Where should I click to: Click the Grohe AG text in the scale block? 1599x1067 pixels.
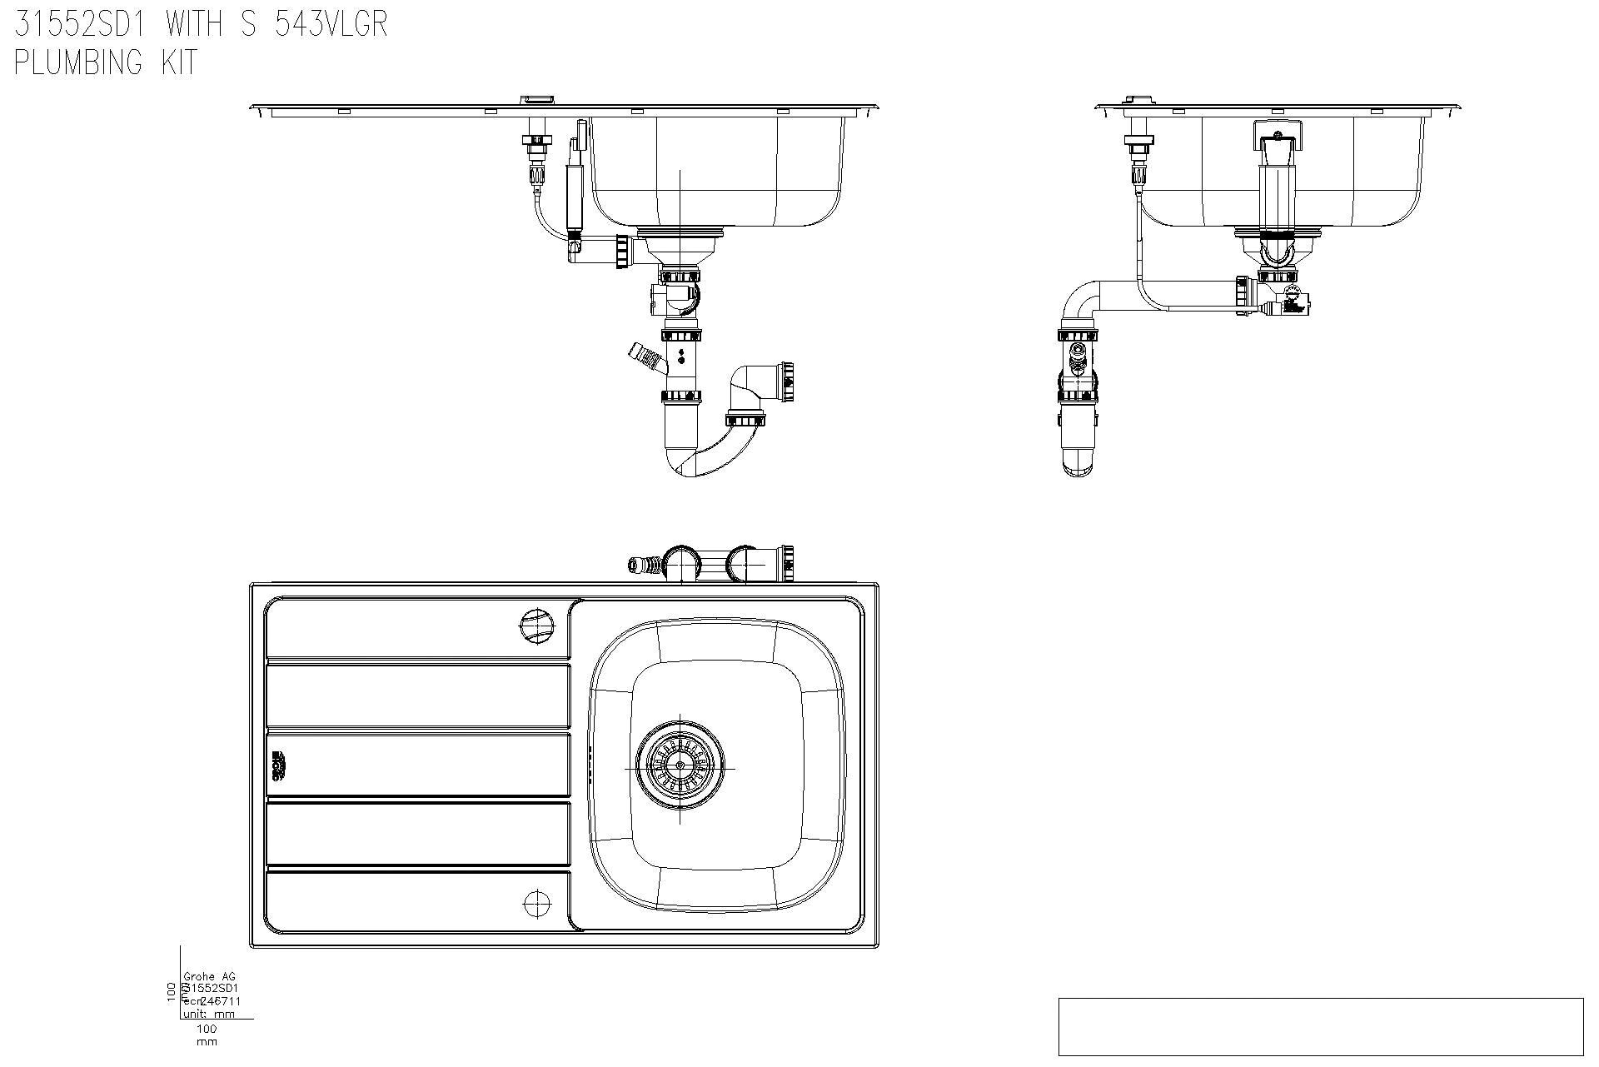[204, 977]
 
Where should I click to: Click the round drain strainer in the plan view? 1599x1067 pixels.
[680, 765]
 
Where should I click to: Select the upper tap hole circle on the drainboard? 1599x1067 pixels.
[536, 625]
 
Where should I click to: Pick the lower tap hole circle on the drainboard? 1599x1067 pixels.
[537, 903]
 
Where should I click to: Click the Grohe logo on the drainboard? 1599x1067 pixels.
[278, 765]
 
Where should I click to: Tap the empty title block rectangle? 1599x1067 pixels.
[1320, 1026]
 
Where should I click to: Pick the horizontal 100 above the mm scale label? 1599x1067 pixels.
[206, 1029]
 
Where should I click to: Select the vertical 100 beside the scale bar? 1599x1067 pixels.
[172, 991]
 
